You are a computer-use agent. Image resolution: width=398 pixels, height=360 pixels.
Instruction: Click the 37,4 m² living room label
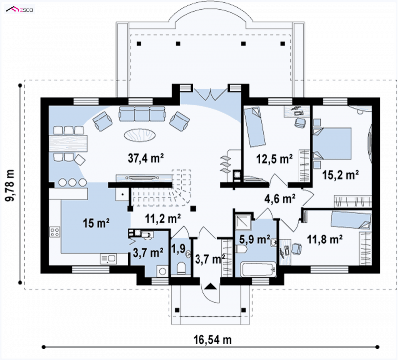coord(146,158)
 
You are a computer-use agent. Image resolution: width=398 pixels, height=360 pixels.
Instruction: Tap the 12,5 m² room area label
coord(274,159)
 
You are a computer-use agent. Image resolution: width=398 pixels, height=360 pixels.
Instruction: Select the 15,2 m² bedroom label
coord(340,175)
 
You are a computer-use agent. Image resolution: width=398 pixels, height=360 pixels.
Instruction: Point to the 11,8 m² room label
coord(325,240)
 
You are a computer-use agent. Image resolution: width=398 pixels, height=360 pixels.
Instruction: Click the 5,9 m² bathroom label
coord(255,239)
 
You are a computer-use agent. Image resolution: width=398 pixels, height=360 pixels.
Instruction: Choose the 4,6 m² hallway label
coord(280,198)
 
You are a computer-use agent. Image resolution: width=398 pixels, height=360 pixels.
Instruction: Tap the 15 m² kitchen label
coord(96,223)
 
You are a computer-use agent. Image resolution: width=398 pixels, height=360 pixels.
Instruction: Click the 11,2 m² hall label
coord(163,218)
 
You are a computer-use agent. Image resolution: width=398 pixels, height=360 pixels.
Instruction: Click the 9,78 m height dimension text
coord(10,185)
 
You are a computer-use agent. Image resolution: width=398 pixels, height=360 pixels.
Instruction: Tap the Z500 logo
coord(20,10)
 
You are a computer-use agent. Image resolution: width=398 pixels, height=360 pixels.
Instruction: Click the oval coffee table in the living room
coord(140,135)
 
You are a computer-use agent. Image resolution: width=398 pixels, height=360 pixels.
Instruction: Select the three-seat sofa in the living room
coord(142,114)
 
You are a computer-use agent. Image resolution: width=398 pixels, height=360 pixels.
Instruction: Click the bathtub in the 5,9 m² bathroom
coord(258,269)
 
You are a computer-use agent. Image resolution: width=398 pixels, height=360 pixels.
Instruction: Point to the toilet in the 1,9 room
coord(181,268)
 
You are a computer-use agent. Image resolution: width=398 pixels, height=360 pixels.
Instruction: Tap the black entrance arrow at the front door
coord(210,287)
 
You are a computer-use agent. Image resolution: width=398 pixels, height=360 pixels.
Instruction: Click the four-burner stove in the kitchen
coord(55,232)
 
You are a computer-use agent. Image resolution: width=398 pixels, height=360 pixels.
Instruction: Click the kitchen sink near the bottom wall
coord(108,259)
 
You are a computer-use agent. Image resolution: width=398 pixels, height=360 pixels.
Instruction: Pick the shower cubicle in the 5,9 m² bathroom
coord(243,221)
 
